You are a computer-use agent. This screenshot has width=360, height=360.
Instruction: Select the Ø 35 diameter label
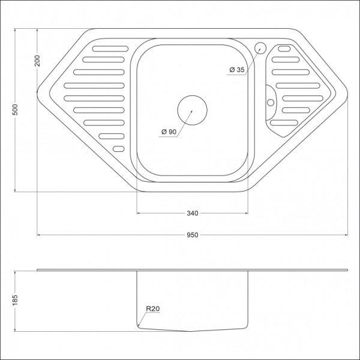pyautogui.click(x=236, y=70)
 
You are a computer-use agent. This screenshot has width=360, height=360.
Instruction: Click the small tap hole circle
pyautogui.click(x=261, y=47)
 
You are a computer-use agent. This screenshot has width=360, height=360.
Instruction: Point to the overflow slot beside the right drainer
pyautogui.click(x=271, y=96)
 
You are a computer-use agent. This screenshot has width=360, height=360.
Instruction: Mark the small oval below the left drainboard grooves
pyautogui.click(x=118, y=148)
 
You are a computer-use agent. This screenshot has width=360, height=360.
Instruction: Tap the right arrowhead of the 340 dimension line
pyautogui.click(x=247, y=213)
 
